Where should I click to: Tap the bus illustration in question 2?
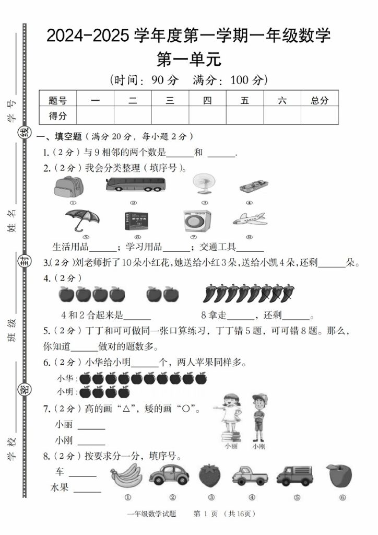tap(135, 184)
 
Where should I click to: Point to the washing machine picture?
tap(197, 221)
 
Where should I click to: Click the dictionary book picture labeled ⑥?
tap(138, 221)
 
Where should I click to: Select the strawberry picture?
tap(210, 475)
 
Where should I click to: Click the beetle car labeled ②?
tap(170, 475)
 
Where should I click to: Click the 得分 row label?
tap(57, 115)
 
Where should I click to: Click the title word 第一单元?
tap(189, 59)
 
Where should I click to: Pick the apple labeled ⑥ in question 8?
tap(335, 475)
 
